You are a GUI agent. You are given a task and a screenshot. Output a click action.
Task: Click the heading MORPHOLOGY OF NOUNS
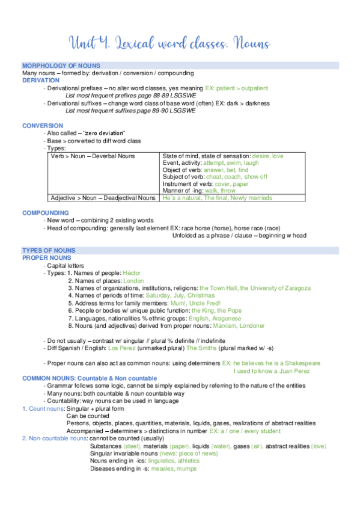click(x=61, y=66)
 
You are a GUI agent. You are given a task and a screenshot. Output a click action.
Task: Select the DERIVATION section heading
click(x=41, y=80)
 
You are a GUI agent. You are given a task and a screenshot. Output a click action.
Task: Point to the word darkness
click(x=253, y=103)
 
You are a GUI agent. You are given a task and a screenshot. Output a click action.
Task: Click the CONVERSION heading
click(x=43, y=126)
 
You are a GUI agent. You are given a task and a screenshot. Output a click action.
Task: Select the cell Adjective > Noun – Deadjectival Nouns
click(x=103, y=198)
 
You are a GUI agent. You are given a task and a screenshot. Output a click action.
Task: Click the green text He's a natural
click(x=182, y=198)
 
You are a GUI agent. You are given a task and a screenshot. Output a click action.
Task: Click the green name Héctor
click(x=132, y=273)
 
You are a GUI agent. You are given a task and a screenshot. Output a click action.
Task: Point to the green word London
click(x=133, y=280)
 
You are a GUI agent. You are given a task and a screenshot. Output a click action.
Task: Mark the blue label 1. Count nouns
click(x=43, y=408)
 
